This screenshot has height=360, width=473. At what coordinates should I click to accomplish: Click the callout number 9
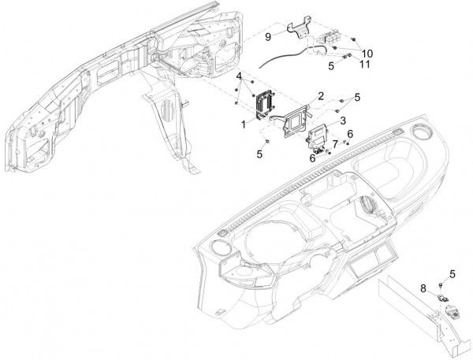pos(268,36)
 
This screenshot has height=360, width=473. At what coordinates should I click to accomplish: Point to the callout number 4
pos(238,76)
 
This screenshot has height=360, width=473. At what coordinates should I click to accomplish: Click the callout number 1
pos(244,124)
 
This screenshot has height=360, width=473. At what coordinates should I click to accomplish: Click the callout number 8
pos(423,288)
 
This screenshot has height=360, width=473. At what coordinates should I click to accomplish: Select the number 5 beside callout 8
pos(453,273)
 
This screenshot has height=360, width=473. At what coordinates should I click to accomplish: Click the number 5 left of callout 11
pos(331,67)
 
